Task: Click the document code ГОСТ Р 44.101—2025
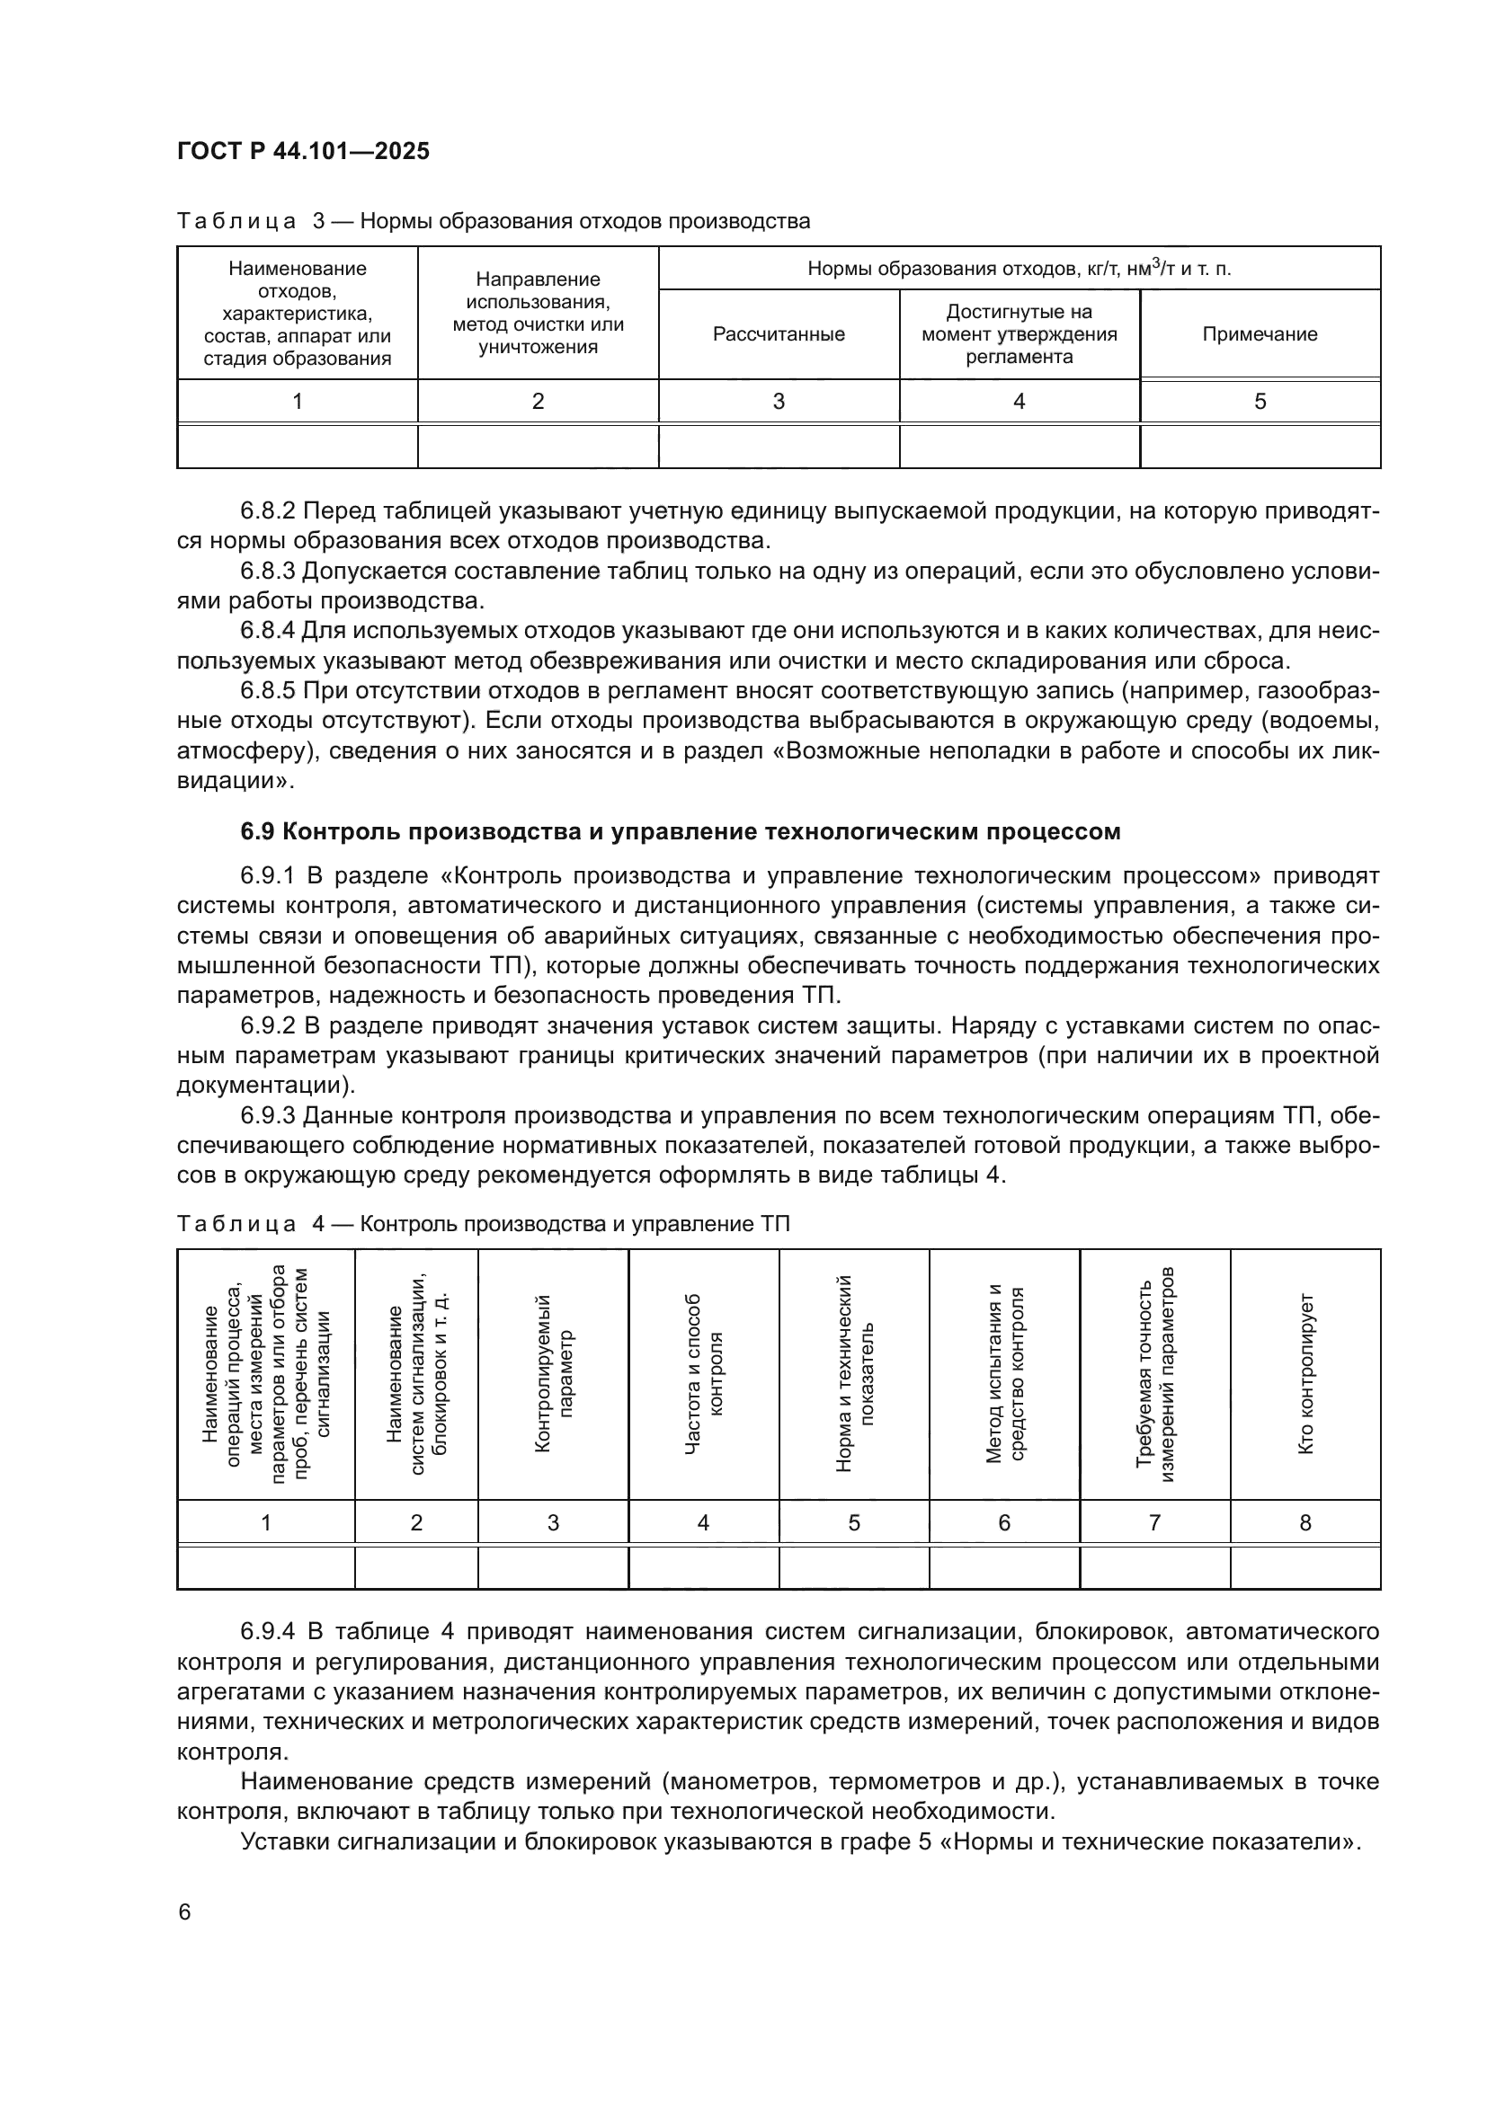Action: click(x=303, y=151)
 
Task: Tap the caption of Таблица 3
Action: click(x=494, y=222)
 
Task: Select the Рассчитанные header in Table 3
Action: click(x=779, y=334)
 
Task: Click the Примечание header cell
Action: click(x=1259, y=334)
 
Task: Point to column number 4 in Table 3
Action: click(x=1019, y=401)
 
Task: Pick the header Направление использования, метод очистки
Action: click(x=539, y=313)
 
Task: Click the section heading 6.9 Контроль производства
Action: click(x=681, y=831)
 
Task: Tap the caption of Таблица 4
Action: click(x=483, y=1225)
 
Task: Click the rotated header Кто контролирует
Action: click(x=1305, y=1373)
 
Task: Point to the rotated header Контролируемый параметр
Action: click(x=553, y=1373)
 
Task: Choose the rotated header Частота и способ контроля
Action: click(x=703, y=1373)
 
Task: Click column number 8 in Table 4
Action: click(x=1304, y=1522)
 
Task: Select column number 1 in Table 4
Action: click(x=265, y=1522)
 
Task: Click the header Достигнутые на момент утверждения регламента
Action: click(x=1019, y=334)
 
